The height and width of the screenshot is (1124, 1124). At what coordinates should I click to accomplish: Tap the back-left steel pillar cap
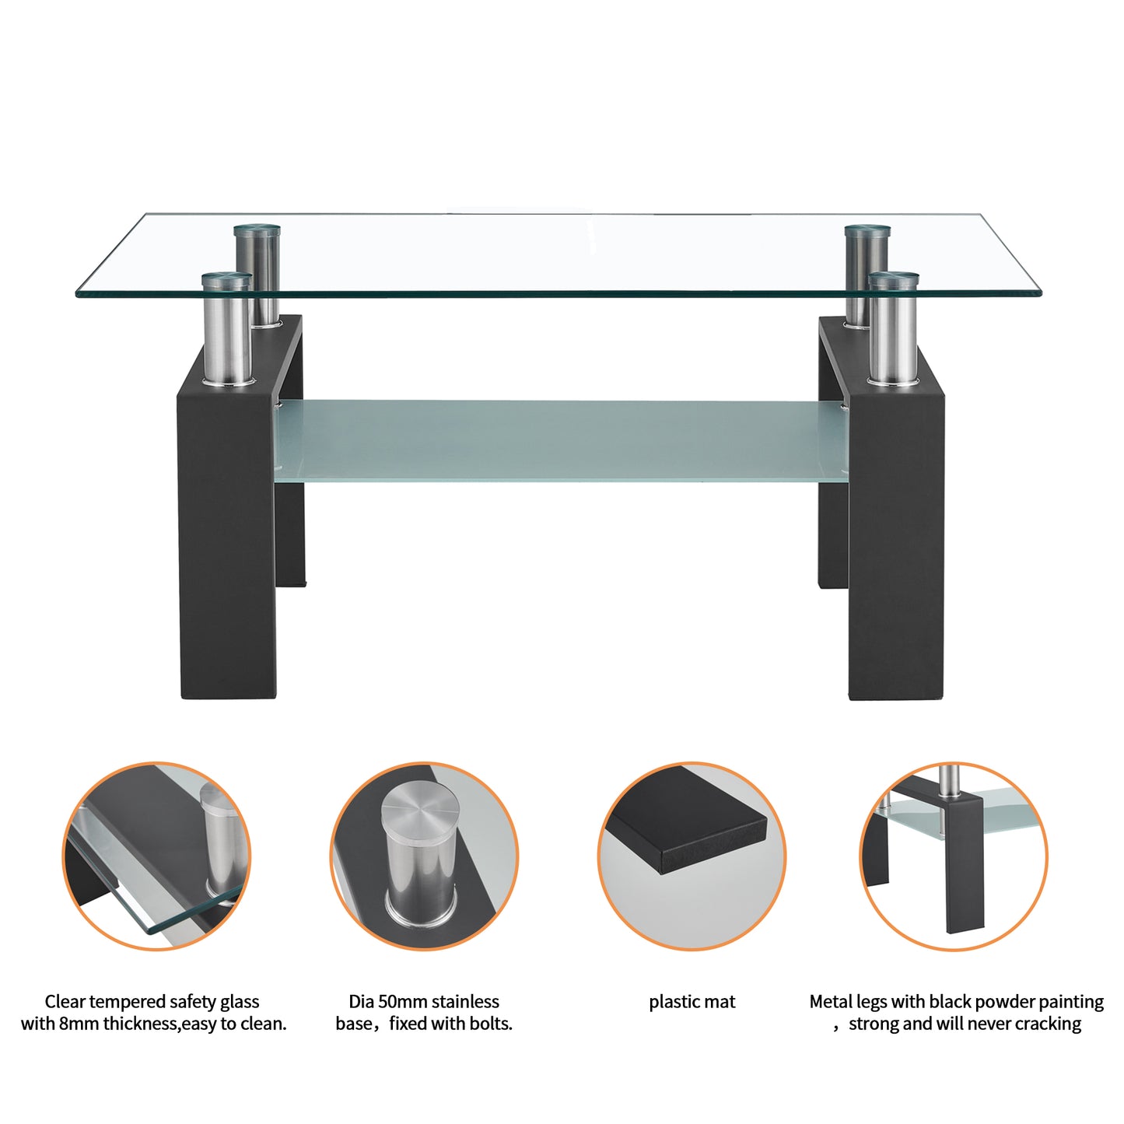tap(257, 231)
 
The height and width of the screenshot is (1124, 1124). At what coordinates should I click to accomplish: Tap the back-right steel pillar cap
tap(867, 231)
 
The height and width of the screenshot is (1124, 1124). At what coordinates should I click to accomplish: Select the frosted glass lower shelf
tap(560, 439)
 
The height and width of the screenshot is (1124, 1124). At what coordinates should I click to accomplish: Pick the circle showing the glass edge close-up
tap(156, 856)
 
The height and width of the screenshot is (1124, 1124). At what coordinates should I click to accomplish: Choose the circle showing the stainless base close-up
tap(424, 856)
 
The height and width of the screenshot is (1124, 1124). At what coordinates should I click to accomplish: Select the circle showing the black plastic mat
tap(692, 856)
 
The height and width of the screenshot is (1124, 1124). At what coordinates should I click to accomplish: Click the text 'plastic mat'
tap(692, 1002)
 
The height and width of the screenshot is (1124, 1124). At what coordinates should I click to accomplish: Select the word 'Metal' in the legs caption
tap(831, 1002)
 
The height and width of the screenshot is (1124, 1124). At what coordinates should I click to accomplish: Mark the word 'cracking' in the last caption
tap(1047, 1024)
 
